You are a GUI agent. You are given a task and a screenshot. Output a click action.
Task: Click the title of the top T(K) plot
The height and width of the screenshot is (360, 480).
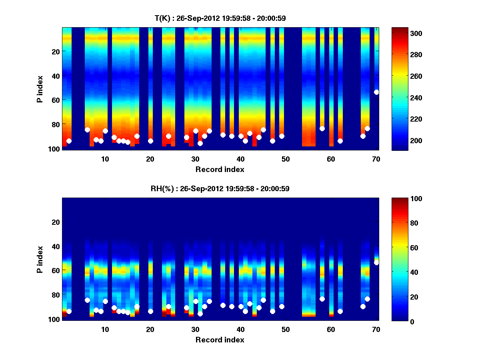coord(220,18)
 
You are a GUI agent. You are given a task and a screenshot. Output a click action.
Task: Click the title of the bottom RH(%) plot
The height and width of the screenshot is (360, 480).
coord(220,188)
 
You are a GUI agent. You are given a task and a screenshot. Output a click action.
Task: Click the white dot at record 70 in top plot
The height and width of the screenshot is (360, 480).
coord(376,92)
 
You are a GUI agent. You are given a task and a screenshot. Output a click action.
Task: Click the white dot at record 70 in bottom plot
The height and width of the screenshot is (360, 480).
coord(376,262)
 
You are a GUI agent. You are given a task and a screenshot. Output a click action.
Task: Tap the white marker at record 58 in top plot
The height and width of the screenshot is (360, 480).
coord(322,128)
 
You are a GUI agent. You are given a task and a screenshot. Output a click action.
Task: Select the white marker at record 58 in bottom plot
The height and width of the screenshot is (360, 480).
coord(322,299)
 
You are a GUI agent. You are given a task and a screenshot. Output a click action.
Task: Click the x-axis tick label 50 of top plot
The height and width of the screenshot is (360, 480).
coord(286,159)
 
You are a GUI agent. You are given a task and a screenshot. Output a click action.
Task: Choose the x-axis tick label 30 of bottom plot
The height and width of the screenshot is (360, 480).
coord(195,329)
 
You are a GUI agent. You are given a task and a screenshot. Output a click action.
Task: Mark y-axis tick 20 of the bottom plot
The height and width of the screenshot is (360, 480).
coord(56,222)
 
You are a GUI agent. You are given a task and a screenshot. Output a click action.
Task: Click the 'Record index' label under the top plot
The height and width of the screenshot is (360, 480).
coord(220,169)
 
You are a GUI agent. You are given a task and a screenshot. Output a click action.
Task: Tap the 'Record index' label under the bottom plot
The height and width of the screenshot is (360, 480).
coord(220,340)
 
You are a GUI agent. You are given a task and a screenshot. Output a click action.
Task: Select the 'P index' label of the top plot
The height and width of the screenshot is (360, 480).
coord(40,89)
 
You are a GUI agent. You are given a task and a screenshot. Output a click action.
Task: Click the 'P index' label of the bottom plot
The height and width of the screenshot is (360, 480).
coord(40,259)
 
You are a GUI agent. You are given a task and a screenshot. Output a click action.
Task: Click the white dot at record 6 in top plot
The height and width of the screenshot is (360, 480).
coord(87,130)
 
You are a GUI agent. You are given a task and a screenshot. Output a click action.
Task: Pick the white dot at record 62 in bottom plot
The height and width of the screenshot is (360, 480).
coord(340,311)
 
